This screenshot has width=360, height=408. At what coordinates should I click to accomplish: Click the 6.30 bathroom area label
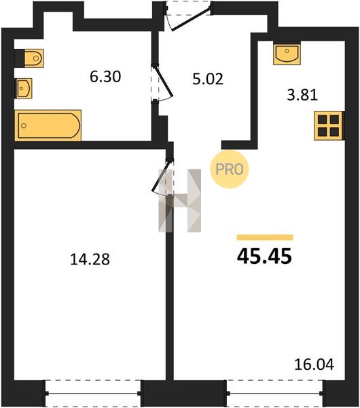(105, 77)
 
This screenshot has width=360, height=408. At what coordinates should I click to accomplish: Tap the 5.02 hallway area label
(208, 79)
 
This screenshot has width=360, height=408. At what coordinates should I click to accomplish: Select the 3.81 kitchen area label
(302, 95)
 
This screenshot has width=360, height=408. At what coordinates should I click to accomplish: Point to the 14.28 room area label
(90, 260)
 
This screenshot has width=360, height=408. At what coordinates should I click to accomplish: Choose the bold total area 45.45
(264, 256)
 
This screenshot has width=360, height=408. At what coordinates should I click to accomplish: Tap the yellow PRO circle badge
(230, 169)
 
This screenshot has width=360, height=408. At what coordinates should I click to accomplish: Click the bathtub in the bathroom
(48, 125)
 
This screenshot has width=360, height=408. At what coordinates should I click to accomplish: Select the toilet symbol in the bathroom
(34, 58)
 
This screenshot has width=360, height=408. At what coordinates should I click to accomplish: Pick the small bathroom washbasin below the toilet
(24, 88)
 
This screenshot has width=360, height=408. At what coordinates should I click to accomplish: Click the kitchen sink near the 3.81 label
(287, 54)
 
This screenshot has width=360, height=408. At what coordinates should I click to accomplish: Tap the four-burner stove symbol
(329, 126)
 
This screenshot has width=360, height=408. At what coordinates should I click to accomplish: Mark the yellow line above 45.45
(265, 237)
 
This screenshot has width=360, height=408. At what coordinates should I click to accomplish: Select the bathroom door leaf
(164, 82)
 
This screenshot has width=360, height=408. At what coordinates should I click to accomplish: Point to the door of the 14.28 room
(161, 176)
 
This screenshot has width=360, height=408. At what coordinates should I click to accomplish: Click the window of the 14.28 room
(93, 393)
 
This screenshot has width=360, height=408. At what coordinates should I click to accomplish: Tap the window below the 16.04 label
(275, 393)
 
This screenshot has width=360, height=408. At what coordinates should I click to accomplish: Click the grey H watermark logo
(180, 201)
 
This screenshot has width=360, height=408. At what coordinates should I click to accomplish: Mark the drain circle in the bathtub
(24, 126)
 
